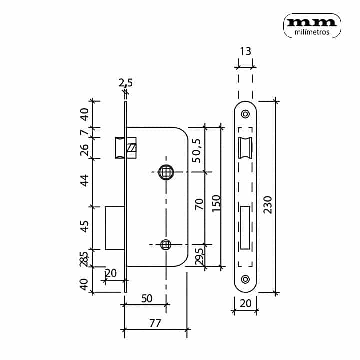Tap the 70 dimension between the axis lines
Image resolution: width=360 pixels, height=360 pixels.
pyautogui.click(x=199, y=204)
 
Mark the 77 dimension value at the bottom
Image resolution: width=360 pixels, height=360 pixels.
pyautogui.click(x=155, y=323)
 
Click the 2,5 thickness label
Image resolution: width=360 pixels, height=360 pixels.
pyautogui.click(x=126, y=82)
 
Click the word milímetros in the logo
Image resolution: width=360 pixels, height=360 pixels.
pyautogui.click(x=312, y=32)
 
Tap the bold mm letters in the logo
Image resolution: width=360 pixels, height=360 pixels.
pyautogui.click(x=312, y=22)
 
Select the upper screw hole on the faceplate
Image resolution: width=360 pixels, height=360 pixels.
pyautogui.click(x=245, y=114)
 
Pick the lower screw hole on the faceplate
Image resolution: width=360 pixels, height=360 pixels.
pyautogui.click(x=245, y=279)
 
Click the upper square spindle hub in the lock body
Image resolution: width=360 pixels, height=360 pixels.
pyautogui.click(x=166, y=172)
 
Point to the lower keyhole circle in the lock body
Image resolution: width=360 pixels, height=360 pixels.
pyautogui.click(x=166, y=244)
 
